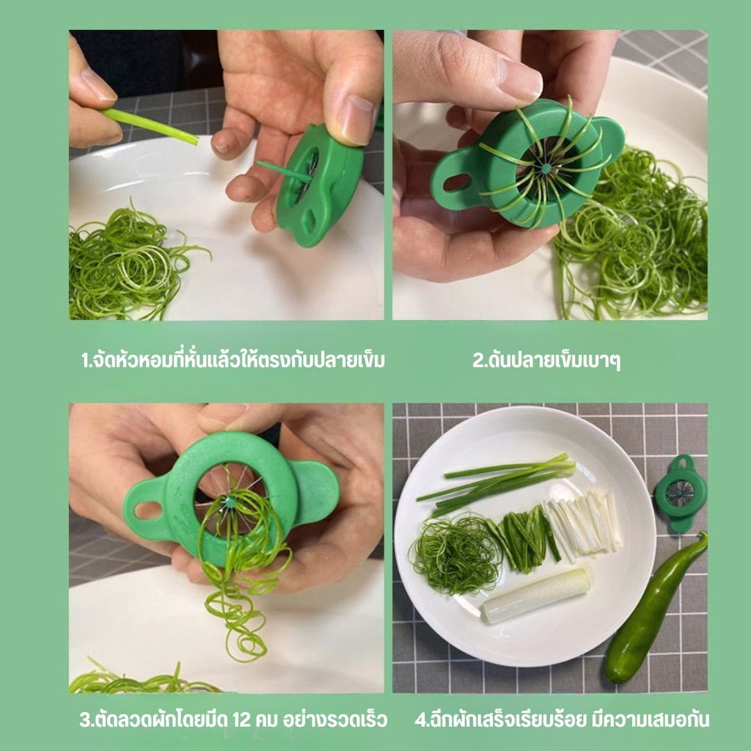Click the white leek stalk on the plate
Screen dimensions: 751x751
535,595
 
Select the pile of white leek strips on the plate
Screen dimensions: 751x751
583,523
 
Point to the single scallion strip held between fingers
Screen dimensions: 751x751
150,126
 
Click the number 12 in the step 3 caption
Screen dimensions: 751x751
242,720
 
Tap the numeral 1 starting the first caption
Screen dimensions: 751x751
85,360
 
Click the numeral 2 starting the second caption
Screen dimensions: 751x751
477,360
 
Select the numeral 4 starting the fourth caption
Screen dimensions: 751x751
420,720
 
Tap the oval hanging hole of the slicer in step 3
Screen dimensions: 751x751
148,510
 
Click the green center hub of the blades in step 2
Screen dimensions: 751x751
546,169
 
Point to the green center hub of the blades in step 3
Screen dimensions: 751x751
230,502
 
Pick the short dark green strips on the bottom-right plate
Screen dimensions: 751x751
526,541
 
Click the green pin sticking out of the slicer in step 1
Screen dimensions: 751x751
284,172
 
